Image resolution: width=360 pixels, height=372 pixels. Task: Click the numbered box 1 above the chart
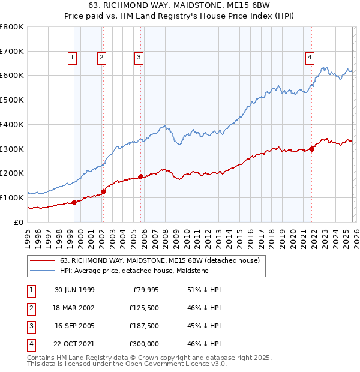[x=72, y=58]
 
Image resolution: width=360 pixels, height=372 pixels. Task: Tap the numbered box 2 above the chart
[x=101, y=58]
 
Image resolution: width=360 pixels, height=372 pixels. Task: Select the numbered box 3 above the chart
[x=139, y=58]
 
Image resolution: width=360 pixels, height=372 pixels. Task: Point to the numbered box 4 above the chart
[x=310, y=58]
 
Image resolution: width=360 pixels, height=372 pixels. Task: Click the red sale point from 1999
[x=74, y=202]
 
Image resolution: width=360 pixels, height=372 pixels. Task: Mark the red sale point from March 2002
[x=103, y=191]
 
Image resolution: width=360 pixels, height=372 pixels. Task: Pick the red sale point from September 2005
[x=141, y=176]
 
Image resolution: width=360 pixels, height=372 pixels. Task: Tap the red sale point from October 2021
[x=312, y=149]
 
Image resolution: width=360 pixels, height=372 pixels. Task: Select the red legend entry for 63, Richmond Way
[x=160, y=260]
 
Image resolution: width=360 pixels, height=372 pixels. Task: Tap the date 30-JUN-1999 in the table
[x=74, y=290]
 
